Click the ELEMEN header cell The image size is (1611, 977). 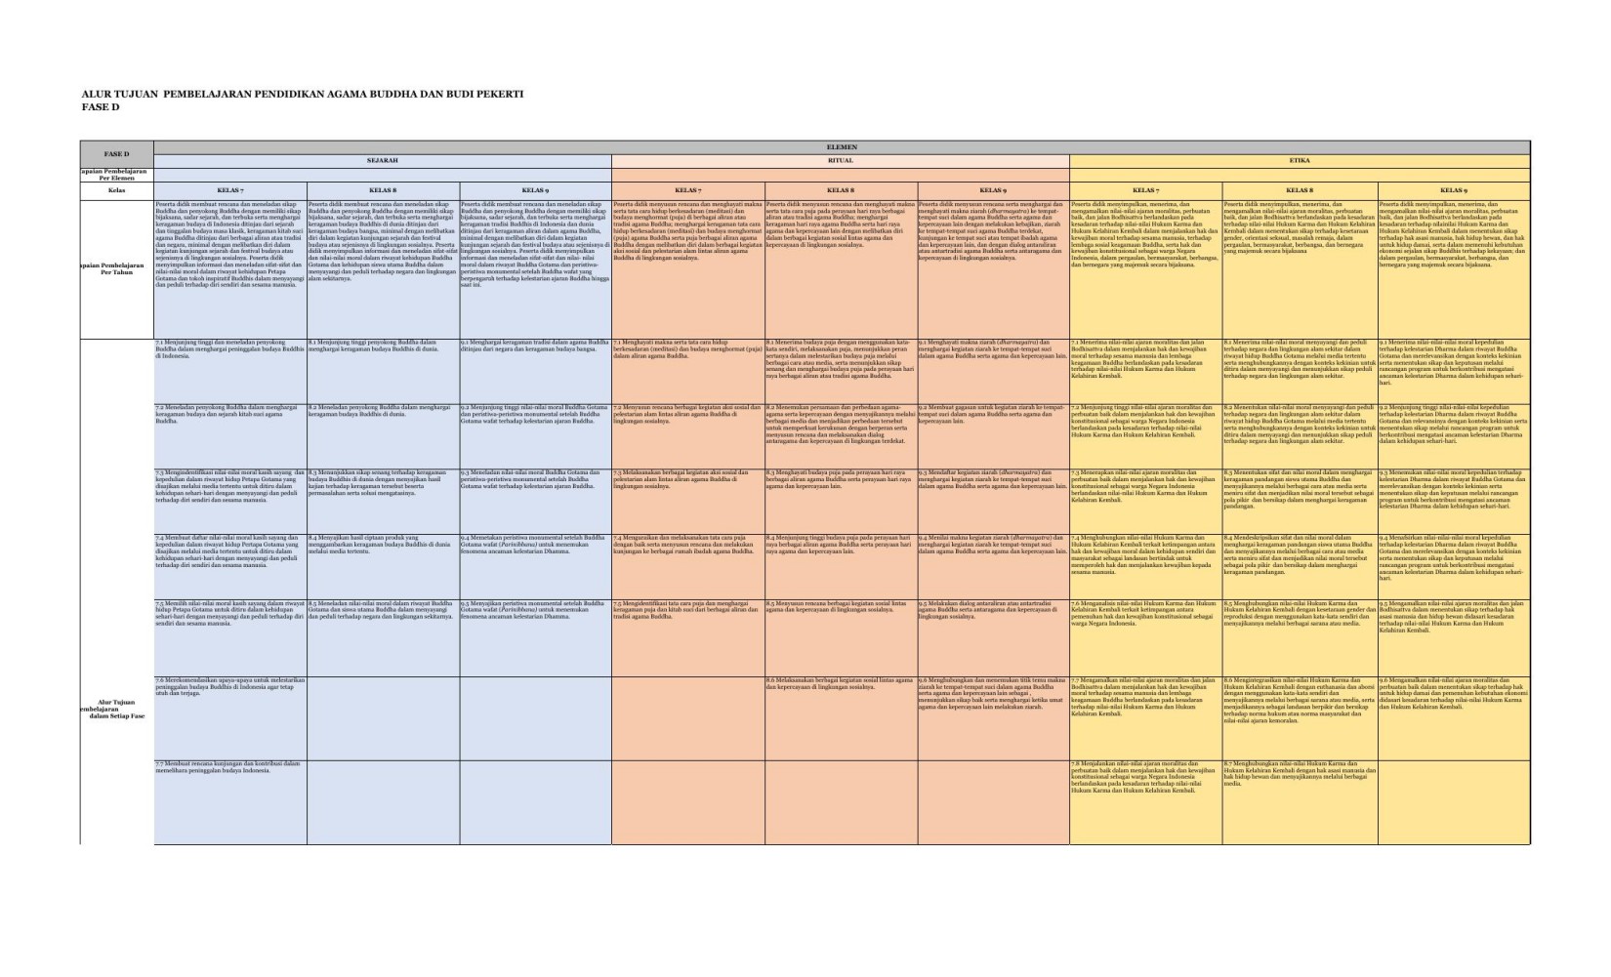coord(841,146)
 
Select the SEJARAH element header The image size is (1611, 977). coord(382,160)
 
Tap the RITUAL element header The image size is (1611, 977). coord(840,160)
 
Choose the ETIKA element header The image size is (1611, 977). coord(1299,160)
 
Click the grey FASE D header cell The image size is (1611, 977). coord(117,154)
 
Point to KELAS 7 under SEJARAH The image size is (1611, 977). coord(230,190)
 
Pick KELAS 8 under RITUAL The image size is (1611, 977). coord(841,190)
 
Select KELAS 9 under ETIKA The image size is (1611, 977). coord(1453,190)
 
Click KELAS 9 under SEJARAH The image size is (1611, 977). coord(535,190)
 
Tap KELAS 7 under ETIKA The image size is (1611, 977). coord(1145,190)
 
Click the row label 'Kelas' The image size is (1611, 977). coord(117,190)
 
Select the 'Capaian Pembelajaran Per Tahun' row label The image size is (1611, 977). coord(117,267)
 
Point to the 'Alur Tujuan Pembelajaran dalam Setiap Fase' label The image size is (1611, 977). coord(117,709)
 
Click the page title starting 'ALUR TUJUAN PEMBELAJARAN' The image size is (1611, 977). coord(302,95)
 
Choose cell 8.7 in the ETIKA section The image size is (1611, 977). coord(1299,773)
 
